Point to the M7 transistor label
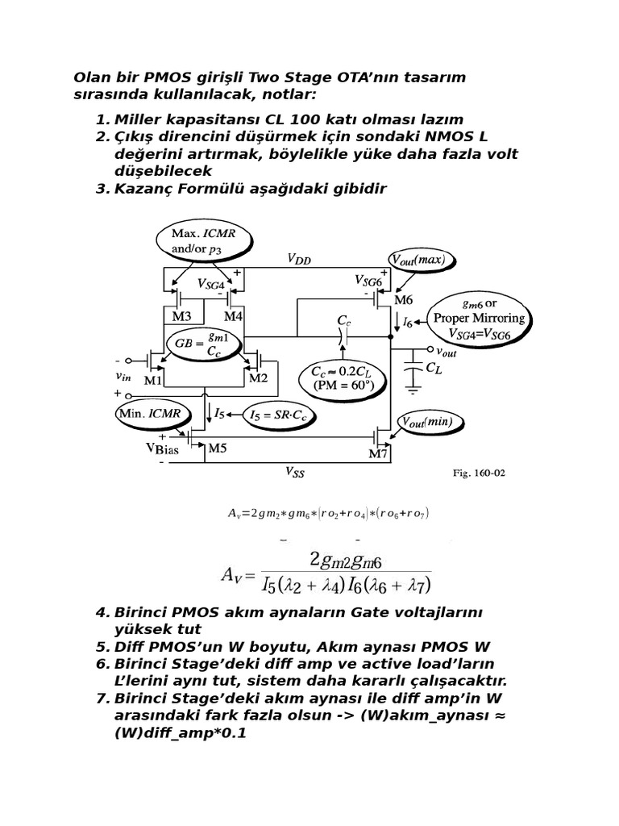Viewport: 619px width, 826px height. point(379,453)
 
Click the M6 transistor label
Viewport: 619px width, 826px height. point(403,300)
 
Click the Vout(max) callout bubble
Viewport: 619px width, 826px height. point(422,260)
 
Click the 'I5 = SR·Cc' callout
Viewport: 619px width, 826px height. point(279,415)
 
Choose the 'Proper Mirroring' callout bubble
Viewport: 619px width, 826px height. point(479,318)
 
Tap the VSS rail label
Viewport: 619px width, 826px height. point(295,474)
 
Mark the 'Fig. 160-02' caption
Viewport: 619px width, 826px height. point(479,473)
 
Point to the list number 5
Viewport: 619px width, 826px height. point(102,647)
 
